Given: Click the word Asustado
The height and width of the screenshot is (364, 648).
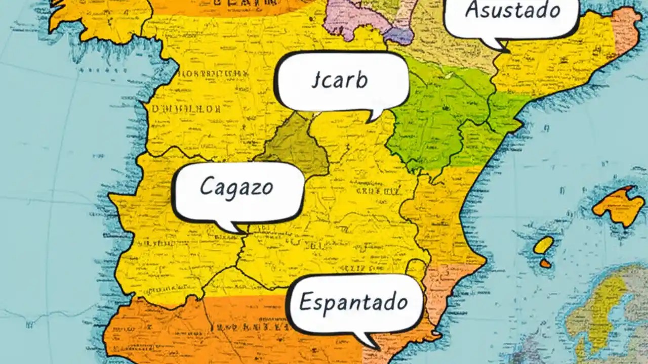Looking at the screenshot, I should point(512,11).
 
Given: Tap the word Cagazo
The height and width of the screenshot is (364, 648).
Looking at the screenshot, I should point(236,187).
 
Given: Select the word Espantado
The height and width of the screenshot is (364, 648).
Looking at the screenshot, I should point(353,302).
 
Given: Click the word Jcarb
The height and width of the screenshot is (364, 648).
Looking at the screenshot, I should point(340,81).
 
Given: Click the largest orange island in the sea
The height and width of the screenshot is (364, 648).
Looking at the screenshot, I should point(619,205).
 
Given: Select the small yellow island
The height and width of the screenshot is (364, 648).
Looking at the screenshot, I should point(543,245).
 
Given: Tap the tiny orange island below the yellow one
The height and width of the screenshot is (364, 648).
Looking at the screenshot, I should point(545,263).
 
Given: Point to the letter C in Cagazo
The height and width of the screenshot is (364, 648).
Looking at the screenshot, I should point(207,187).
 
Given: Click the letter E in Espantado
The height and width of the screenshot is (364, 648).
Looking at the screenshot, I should point(306,302).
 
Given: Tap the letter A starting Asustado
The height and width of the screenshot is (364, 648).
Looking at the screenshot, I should point(472,10).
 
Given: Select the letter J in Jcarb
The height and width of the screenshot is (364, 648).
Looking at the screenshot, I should point(316,81).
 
